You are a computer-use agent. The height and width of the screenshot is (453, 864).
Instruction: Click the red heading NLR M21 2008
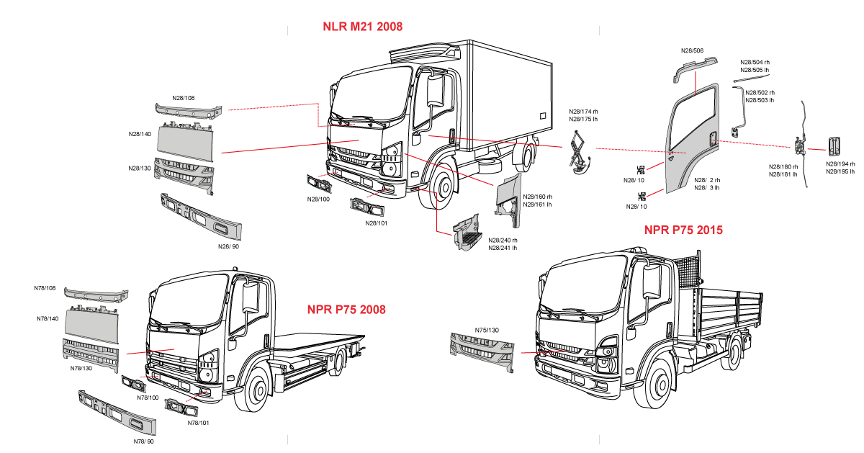pyautogui.click(x=362, y=27)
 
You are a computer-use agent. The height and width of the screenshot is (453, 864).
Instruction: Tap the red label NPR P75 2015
pyautogui.click(x=683, y=230)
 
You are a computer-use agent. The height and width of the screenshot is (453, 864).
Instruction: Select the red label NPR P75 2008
pyautogui.click(x=346, y=310)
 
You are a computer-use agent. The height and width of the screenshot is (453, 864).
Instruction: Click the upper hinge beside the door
pyautogui.click(x=641, y=171)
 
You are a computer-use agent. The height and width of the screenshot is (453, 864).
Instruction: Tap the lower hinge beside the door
pyautogui.click(x=641, y=195)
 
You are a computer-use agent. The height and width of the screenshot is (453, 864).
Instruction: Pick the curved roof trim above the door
pyautogui.click(x=696, y=66)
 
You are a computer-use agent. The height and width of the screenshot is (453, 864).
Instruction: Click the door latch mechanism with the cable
pyautogui.click(x=799, y=146)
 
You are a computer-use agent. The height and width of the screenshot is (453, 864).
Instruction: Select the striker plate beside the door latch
pyautogui.click(x=834, y=146)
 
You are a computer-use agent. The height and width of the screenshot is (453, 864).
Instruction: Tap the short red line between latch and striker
pyautogui.click(x=816, y=149)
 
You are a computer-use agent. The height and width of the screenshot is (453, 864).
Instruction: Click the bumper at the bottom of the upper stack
pyautogui.click(x=201, y=217)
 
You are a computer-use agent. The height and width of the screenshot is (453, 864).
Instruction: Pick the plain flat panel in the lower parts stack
pyautogui.click(x=91, y=324)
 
